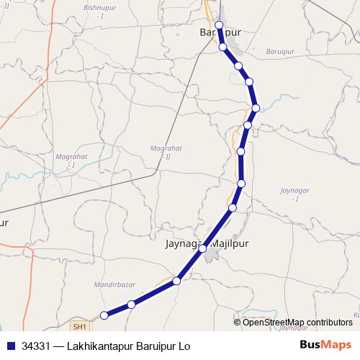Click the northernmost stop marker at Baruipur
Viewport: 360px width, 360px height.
(219, 25)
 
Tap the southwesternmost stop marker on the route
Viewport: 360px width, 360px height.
(104, 315)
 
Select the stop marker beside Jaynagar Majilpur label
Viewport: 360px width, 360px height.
(203, 248)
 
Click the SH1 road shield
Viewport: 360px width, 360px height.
(80, 325)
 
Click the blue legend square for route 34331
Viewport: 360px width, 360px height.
(10, 346)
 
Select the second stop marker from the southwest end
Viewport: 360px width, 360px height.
(131, 305)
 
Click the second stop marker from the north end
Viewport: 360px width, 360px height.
(223, 47)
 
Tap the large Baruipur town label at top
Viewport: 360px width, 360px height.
(220, 34)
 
